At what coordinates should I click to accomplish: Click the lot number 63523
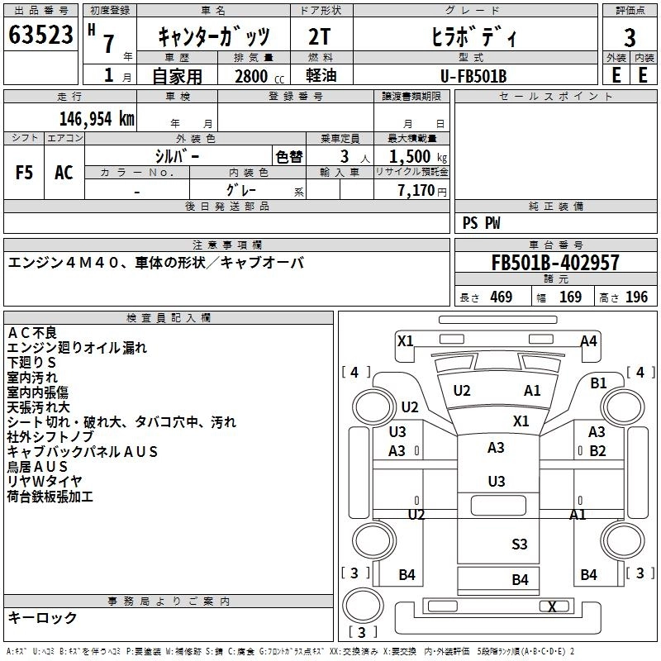40,35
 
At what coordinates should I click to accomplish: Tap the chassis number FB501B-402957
555,263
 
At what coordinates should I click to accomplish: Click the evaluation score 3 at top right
630,38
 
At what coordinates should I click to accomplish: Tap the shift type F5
25,173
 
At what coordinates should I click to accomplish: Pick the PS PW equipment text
482,223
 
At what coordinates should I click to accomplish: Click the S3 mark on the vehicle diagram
519,544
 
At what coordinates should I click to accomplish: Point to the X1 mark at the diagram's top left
405,340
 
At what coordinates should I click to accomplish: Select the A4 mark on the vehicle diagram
588,340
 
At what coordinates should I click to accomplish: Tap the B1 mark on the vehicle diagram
599,383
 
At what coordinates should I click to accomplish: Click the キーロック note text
42,617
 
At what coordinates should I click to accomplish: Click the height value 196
637,297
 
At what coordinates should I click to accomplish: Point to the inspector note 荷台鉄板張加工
50,497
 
